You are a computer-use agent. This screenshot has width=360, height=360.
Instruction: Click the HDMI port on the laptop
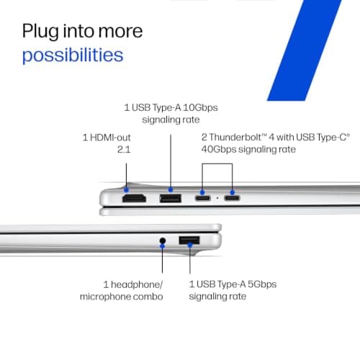[x=134, y=199]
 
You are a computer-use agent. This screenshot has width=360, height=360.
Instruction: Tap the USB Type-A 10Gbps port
[x=171, y=199]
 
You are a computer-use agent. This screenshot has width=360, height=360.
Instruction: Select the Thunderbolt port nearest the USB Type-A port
[x=203, y=198]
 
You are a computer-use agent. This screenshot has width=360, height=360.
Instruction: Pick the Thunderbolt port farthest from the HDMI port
[x=232, y=198]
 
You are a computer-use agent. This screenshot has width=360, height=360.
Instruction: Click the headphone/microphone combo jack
[x=163, y=240]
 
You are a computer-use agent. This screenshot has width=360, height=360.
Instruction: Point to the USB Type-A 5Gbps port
[x=189, y=240]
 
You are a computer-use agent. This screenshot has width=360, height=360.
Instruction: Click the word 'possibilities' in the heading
[x=73, y=55]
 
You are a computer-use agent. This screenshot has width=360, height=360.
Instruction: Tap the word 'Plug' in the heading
[x=40, y=32]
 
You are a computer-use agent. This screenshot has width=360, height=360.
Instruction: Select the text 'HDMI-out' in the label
[x=110, y=138]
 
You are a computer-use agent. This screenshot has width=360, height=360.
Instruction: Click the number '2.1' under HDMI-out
[x=124, y=150]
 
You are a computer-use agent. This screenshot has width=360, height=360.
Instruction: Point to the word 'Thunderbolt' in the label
[x=235, y=138]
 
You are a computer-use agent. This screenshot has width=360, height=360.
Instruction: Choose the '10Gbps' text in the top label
[x=200, y=107]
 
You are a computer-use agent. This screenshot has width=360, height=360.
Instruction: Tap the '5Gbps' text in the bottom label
[x=262, y=284]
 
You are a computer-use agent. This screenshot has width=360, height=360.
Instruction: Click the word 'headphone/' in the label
[x=137, y=284]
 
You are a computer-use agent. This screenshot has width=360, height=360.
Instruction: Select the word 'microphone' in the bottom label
[x=105, y=297]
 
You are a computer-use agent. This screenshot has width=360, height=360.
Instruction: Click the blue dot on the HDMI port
[x=126, y=190]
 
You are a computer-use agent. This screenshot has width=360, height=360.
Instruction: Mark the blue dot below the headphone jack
[x=163, y=246]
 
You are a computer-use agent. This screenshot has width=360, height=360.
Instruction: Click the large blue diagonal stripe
[x=305, y=50]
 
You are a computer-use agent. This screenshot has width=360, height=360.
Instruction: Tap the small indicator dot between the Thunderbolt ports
[x=217, y=198]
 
